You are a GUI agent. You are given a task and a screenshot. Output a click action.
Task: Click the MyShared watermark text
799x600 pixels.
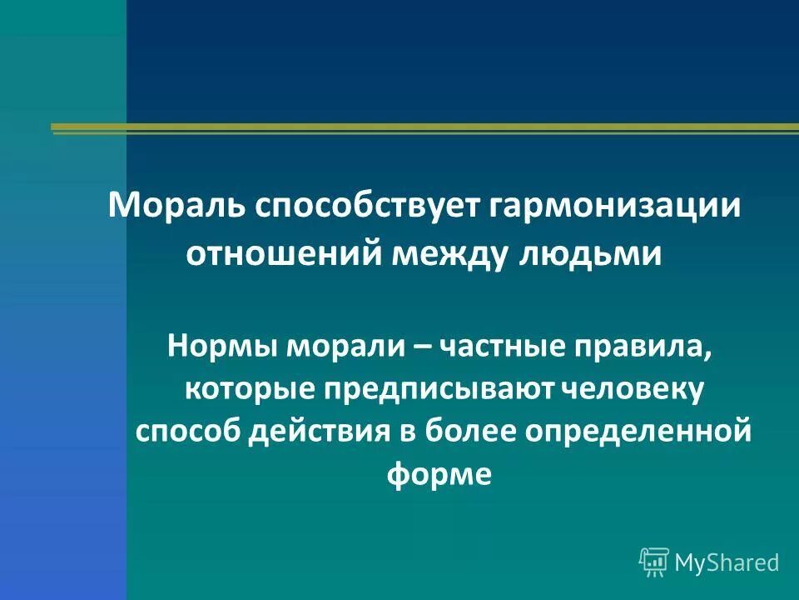click(727, 562)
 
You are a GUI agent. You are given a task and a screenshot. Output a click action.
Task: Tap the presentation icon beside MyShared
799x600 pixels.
click(654, 562)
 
